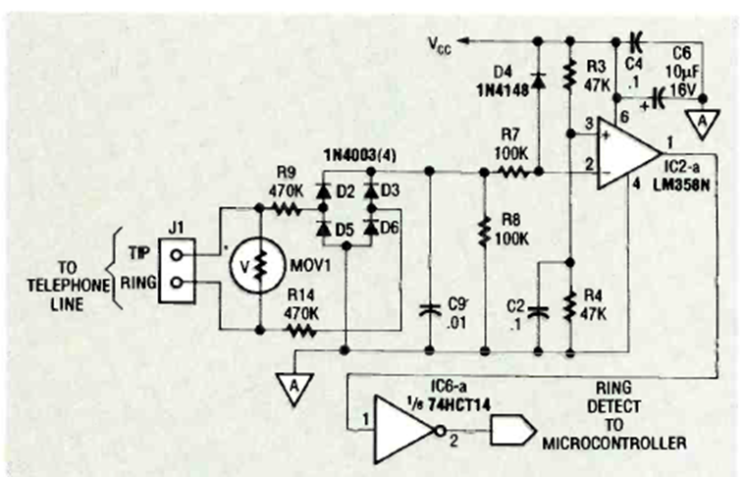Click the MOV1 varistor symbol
pyautogui.click(x=259, y=266)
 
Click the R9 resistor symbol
pyautogui.click(x=287, y=208)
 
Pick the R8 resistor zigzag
pyautogui.click(x=485, y=233)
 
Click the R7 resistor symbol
pyautogui.click(x=512, y=172)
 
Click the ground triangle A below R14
pyautogui.click(x=291, y=384)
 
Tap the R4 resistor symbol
pyautogui.click(x=569, y=306)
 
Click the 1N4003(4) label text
pyautogui.click(x=356, y=156)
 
